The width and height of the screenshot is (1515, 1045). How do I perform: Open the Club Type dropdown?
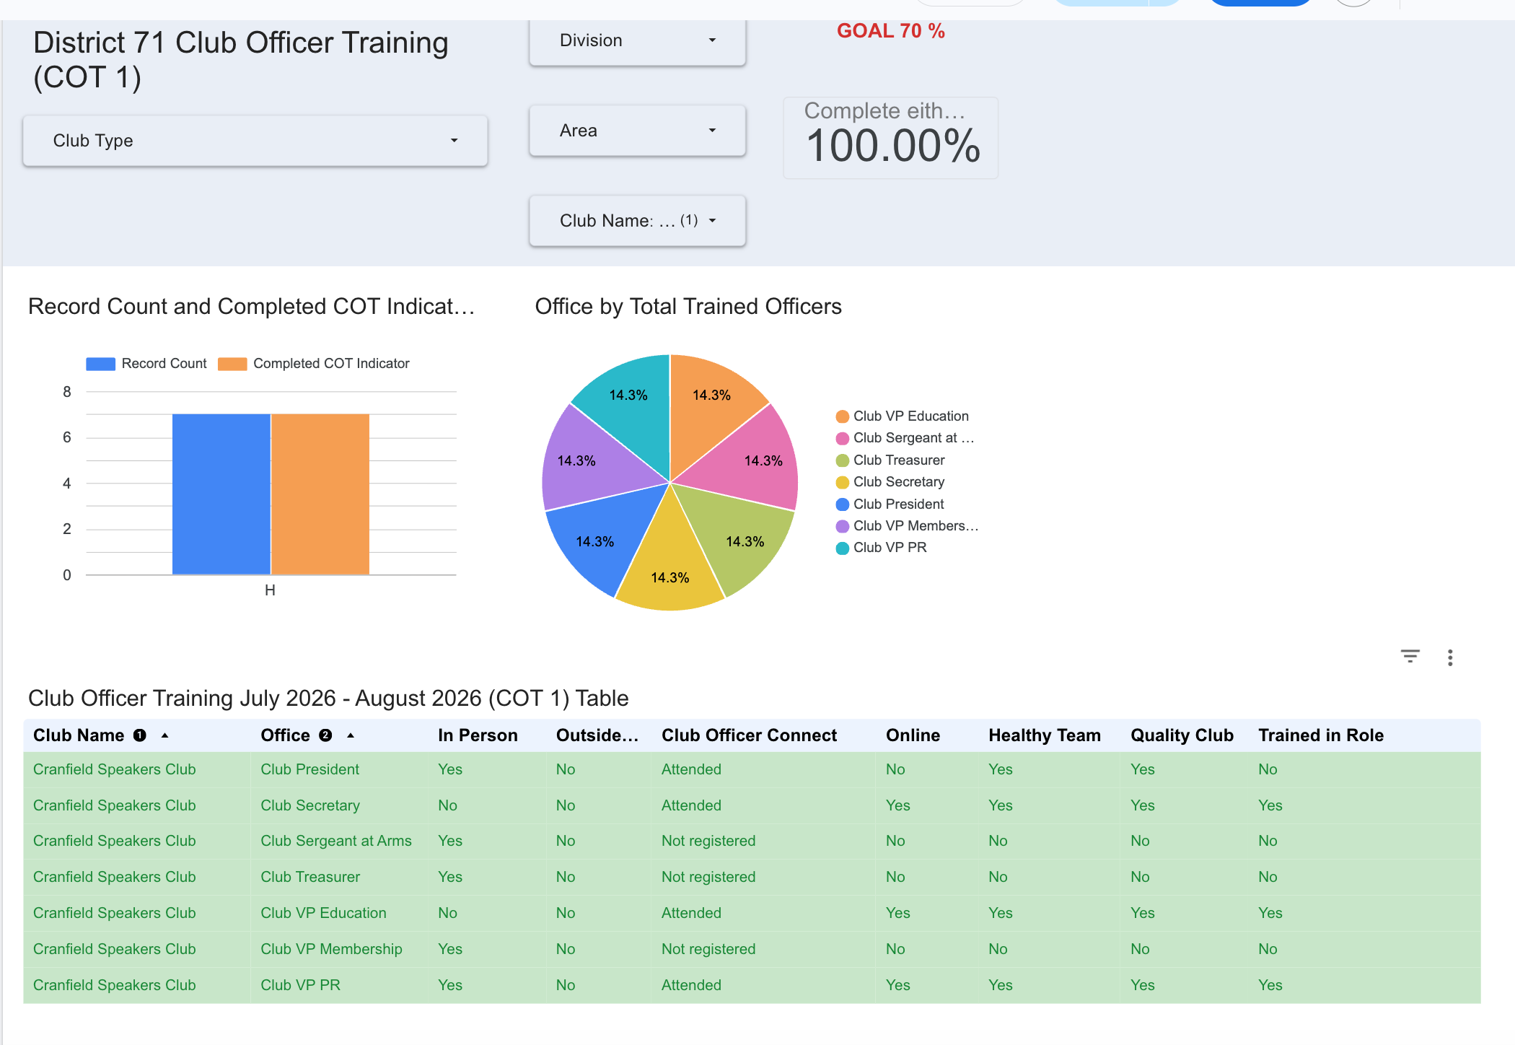pos(255,141)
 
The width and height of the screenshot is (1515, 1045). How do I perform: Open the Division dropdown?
pos(637,41)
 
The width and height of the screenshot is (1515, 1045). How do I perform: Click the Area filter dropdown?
pos(637,131)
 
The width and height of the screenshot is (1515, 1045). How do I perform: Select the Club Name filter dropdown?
pos(637,221)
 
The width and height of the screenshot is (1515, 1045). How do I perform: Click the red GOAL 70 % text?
pos(891,31)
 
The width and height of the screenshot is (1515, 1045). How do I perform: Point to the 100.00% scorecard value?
pos(893,146)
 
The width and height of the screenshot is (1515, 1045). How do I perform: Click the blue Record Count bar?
pos(221,494)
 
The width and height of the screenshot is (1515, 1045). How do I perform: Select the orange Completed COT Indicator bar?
pos(320,494)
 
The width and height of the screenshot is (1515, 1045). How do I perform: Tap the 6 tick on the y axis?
pos(67,437)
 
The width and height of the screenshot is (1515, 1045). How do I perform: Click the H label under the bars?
pos(270,590)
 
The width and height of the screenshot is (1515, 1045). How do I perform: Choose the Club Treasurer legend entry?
pos(890,460)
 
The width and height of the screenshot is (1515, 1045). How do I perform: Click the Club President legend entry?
pos(890,504)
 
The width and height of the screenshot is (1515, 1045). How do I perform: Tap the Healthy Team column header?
pos(1045,735)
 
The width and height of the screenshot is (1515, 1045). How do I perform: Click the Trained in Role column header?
pos(1321,735)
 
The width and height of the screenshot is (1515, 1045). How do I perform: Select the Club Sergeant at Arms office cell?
pos(336,841)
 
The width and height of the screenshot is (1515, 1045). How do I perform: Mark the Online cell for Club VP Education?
pos(898,913)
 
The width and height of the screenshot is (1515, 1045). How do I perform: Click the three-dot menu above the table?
pos(1450,657)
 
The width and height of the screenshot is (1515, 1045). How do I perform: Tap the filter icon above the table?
pos(1410,656)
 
